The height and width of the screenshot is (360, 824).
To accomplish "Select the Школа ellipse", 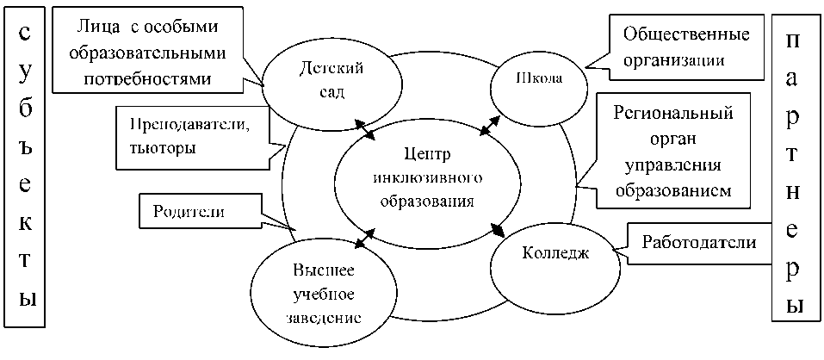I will [539, 79].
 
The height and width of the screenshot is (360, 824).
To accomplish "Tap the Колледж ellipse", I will [555, 254].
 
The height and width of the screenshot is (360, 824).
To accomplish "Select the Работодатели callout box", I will [698, 243].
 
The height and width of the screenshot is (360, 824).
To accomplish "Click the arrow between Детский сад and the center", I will [366, 128].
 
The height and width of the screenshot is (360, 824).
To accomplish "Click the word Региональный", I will [678, 114].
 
